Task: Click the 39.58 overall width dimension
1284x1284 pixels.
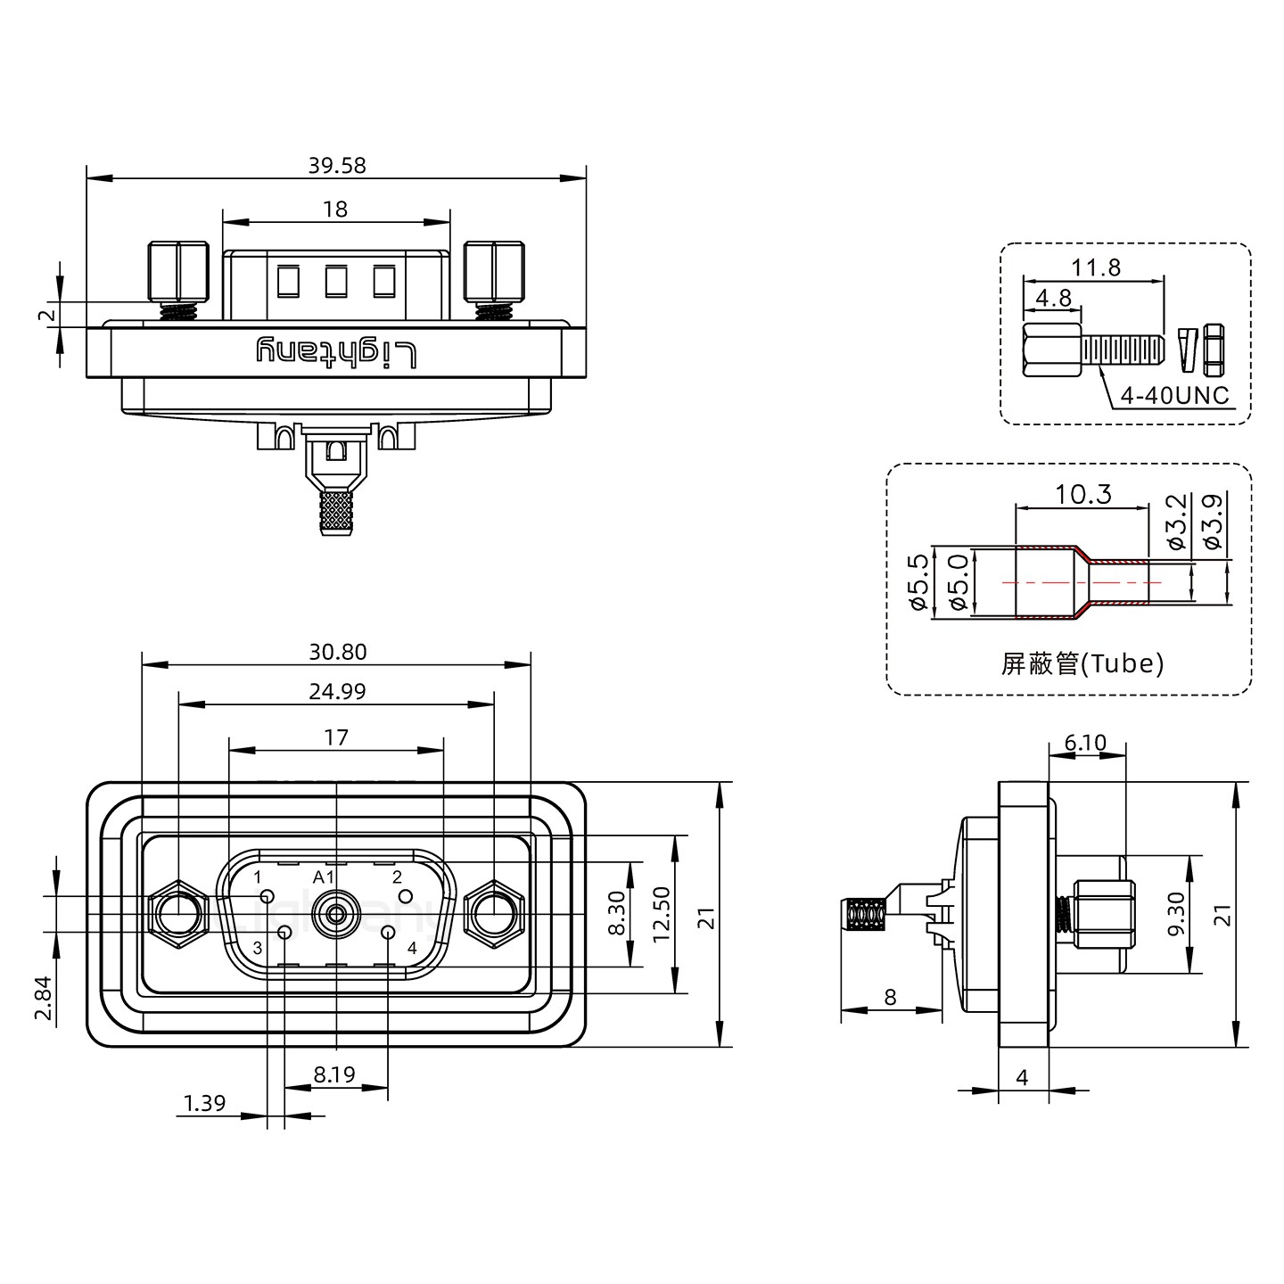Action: point(337,165)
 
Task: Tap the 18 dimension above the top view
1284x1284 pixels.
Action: point(335,209)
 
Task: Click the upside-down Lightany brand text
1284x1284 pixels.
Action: point(336,351)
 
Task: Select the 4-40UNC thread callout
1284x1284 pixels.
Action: point(1173,395)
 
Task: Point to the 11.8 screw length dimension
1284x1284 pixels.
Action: point(1097,267)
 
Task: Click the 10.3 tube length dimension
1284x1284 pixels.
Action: point(1083,494)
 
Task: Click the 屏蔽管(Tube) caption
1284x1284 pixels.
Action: point(1082,663)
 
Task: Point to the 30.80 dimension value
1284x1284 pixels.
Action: point(337,652)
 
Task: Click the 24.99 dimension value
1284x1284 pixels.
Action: point(337,691)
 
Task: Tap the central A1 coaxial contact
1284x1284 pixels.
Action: point(336,914)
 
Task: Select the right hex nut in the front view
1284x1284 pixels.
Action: point(493,914)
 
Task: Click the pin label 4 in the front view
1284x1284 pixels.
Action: point(412,948)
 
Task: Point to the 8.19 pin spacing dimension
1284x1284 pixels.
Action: point(334,1074)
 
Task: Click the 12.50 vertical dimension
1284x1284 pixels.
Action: point(661,914)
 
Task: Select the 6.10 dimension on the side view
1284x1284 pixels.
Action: point(1085,743)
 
